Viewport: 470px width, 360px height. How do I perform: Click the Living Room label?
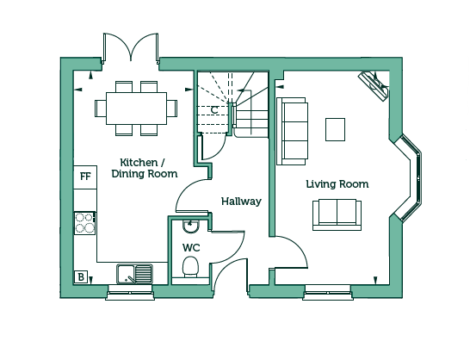[337, 184]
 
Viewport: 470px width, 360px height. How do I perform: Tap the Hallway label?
[241, 202]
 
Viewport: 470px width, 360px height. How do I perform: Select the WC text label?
[191, 248]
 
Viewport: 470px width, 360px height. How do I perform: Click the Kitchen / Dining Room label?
[144, 168]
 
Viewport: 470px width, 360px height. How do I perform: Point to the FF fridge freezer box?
[85, 177]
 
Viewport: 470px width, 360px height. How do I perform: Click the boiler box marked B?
[81, 277]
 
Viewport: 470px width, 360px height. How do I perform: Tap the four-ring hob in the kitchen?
[85, 223]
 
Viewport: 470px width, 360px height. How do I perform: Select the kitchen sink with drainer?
[134, 274]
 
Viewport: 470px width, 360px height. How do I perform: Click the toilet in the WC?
[190, 266]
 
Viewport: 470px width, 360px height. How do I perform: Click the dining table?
[136, 109]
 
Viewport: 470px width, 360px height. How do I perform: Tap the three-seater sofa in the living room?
[293, 131]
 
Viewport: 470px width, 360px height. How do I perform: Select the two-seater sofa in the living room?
[337, 215]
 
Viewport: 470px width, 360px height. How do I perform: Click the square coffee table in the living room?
[335, 129]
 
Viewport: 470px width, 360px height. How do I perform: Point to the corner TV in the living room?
[374, 86]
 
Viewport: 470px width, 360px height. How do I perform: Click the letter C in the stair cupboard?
[214, 110]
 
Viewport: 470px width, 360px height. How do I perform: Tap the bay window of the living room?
[408, 178]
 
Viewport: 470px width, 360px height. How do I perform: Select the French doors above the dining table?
[131, 48]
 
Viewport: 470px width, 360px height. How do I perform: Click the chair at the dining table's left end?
[101, 109]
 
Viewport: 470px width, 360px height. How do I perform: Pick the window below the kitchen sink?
[130, 293]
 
